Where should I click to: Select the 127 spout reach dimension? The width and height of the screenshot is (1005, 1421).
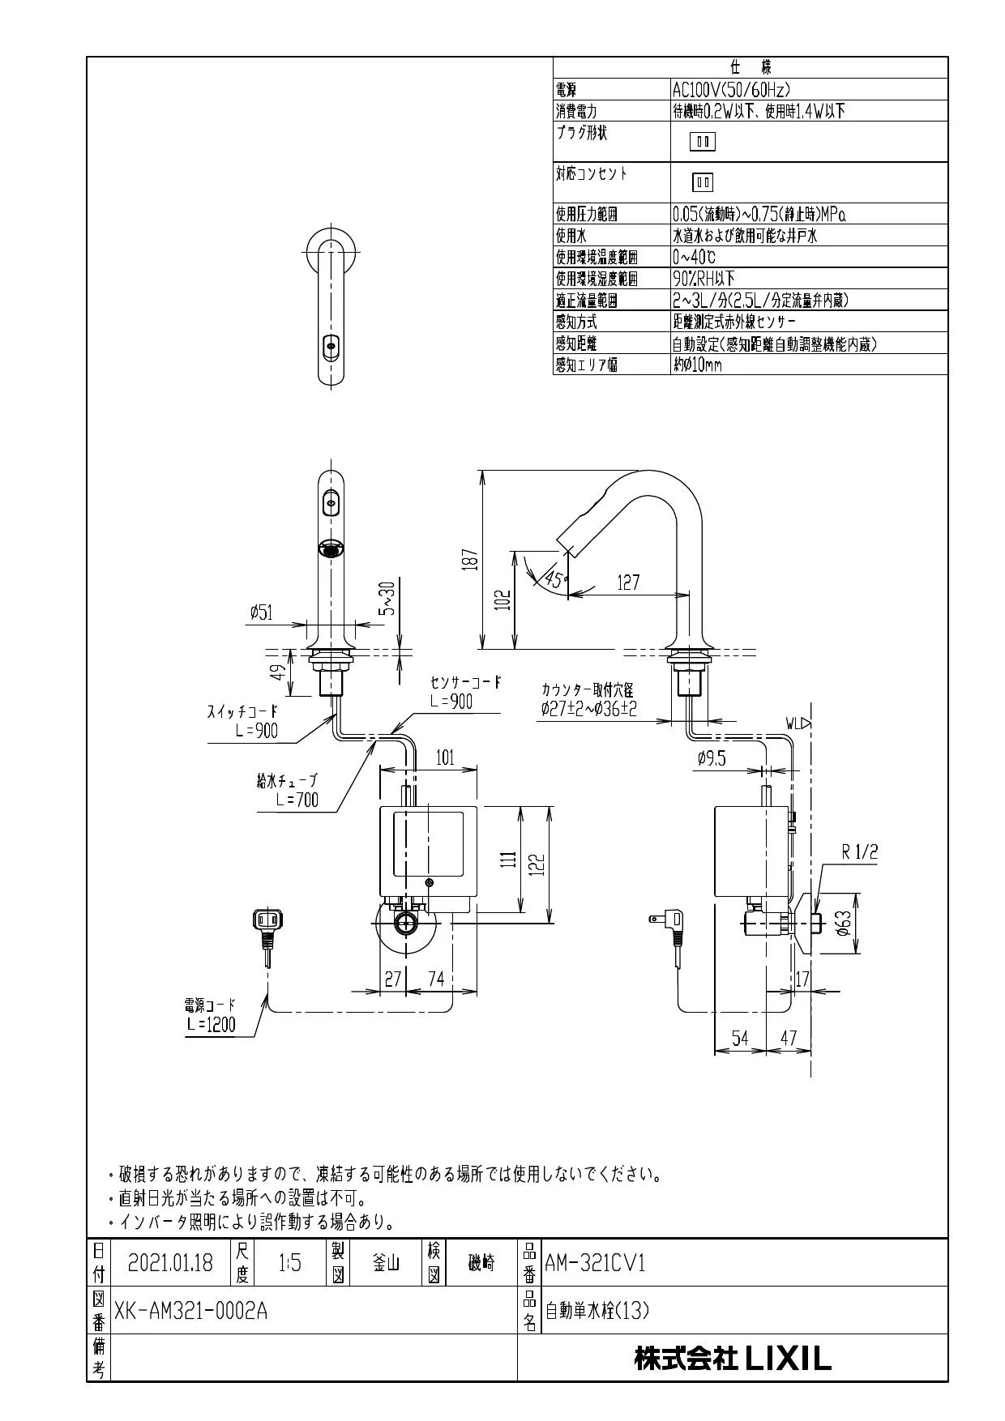click(628, 582)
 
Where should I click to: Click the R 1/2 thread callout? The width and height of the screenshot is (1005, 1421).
click(860, 851)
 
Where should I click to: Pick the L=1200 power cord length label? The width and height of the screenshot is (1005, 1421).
click(210, 1024)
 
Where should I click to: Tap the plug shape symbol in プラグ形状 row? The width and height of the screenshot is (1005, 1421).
click(702, 143)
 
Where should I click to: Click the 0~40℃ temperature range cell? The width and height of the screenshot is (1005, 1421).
click(694, 258)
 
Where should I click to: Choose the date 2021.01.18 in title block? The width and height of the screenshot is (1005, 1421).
click(170, 1262)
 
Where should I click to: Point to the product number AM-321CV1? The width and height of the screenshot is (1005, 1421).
click(595, 1262)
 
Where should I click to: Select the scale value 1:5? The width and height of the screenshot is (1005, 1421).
click(289, 1262)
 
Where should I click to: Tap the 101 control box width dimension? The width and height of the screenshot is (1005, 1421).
click(445, 758)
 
